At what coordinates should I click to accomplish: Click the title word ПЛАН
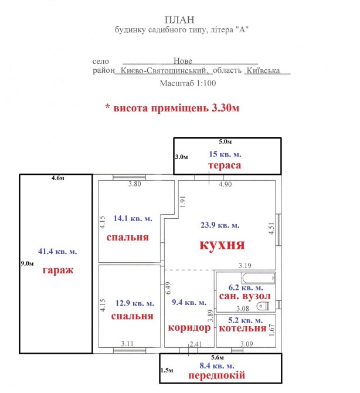(179, 19)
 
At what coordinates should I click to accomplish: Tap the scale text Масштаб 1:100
(188, 83)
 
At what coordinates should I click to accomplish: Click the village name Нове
(183, 60)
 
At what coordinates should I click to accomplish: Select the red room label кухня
(222, 245)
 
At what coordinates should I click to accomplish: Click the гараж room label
(58, 270)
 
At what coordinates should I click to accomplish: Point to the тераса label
(225, 165)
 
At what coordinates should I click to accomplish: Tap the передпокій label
(217, 375)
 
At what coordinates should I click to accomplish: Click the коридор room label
(189, 327)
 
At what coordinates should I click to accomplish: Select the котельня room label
(243, 328)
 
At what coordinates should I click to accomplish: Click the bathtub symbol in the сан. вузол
(259, 278)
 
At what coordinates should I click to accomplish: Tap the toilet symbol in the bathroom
(263, 306)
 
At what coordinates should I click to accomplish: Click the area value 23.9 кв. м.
(220, 225)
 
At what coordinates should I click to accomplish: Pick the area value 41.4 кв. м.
(57, 251)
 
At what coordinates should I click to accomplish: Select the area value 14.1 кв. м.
(133, 218)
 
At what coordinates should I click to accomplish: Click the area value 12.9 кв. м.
(135, 303)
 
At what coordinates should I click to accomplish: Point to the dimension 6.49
(168, 288)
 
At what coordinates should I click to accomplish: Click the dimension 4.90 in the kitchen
(225, 184)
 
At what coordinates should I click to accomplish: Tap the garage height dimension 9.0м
(27, 263)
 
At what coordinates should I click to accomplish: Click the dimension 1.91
(183, 202)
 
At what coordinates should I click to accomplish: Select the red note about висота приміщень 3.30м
(172, 108)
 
